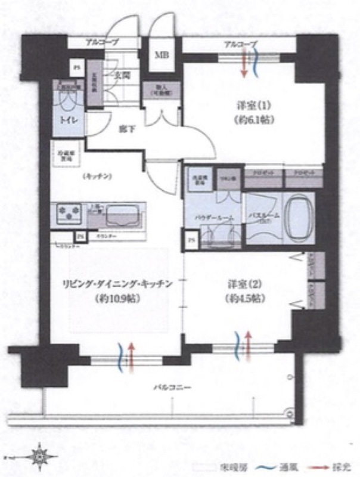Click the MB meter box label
[x=162, y=55]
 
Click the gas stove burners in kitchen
[x=70, y=213]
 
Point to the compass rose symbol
[x=40, y=456]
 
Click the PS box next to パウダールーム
[x=191, y=240]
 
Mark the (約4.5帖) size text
[x=241, y=298]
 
